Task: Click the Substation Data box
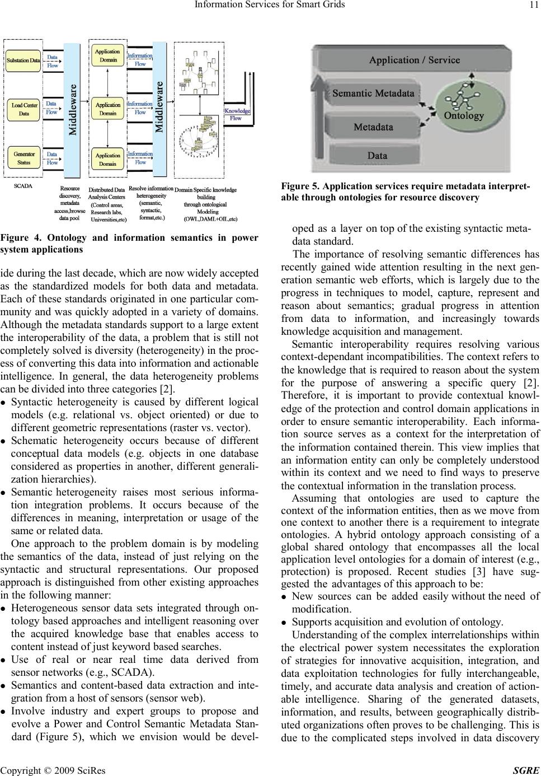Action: [x=23, y=60]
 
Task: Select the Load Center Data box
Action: [x=24, y=109]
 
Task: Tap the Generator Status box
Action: [x=23, y=158]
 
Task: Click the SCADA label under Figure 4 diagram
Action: [x=23, y=184]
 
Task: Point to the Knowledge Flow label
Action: [x=237, y=114]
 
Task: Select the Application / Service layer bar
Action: [x=414, y=60]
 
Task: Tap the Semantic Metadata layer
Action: [x=374, y=94]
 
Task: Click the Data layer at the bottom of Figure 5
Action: [x=378, y=155]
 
